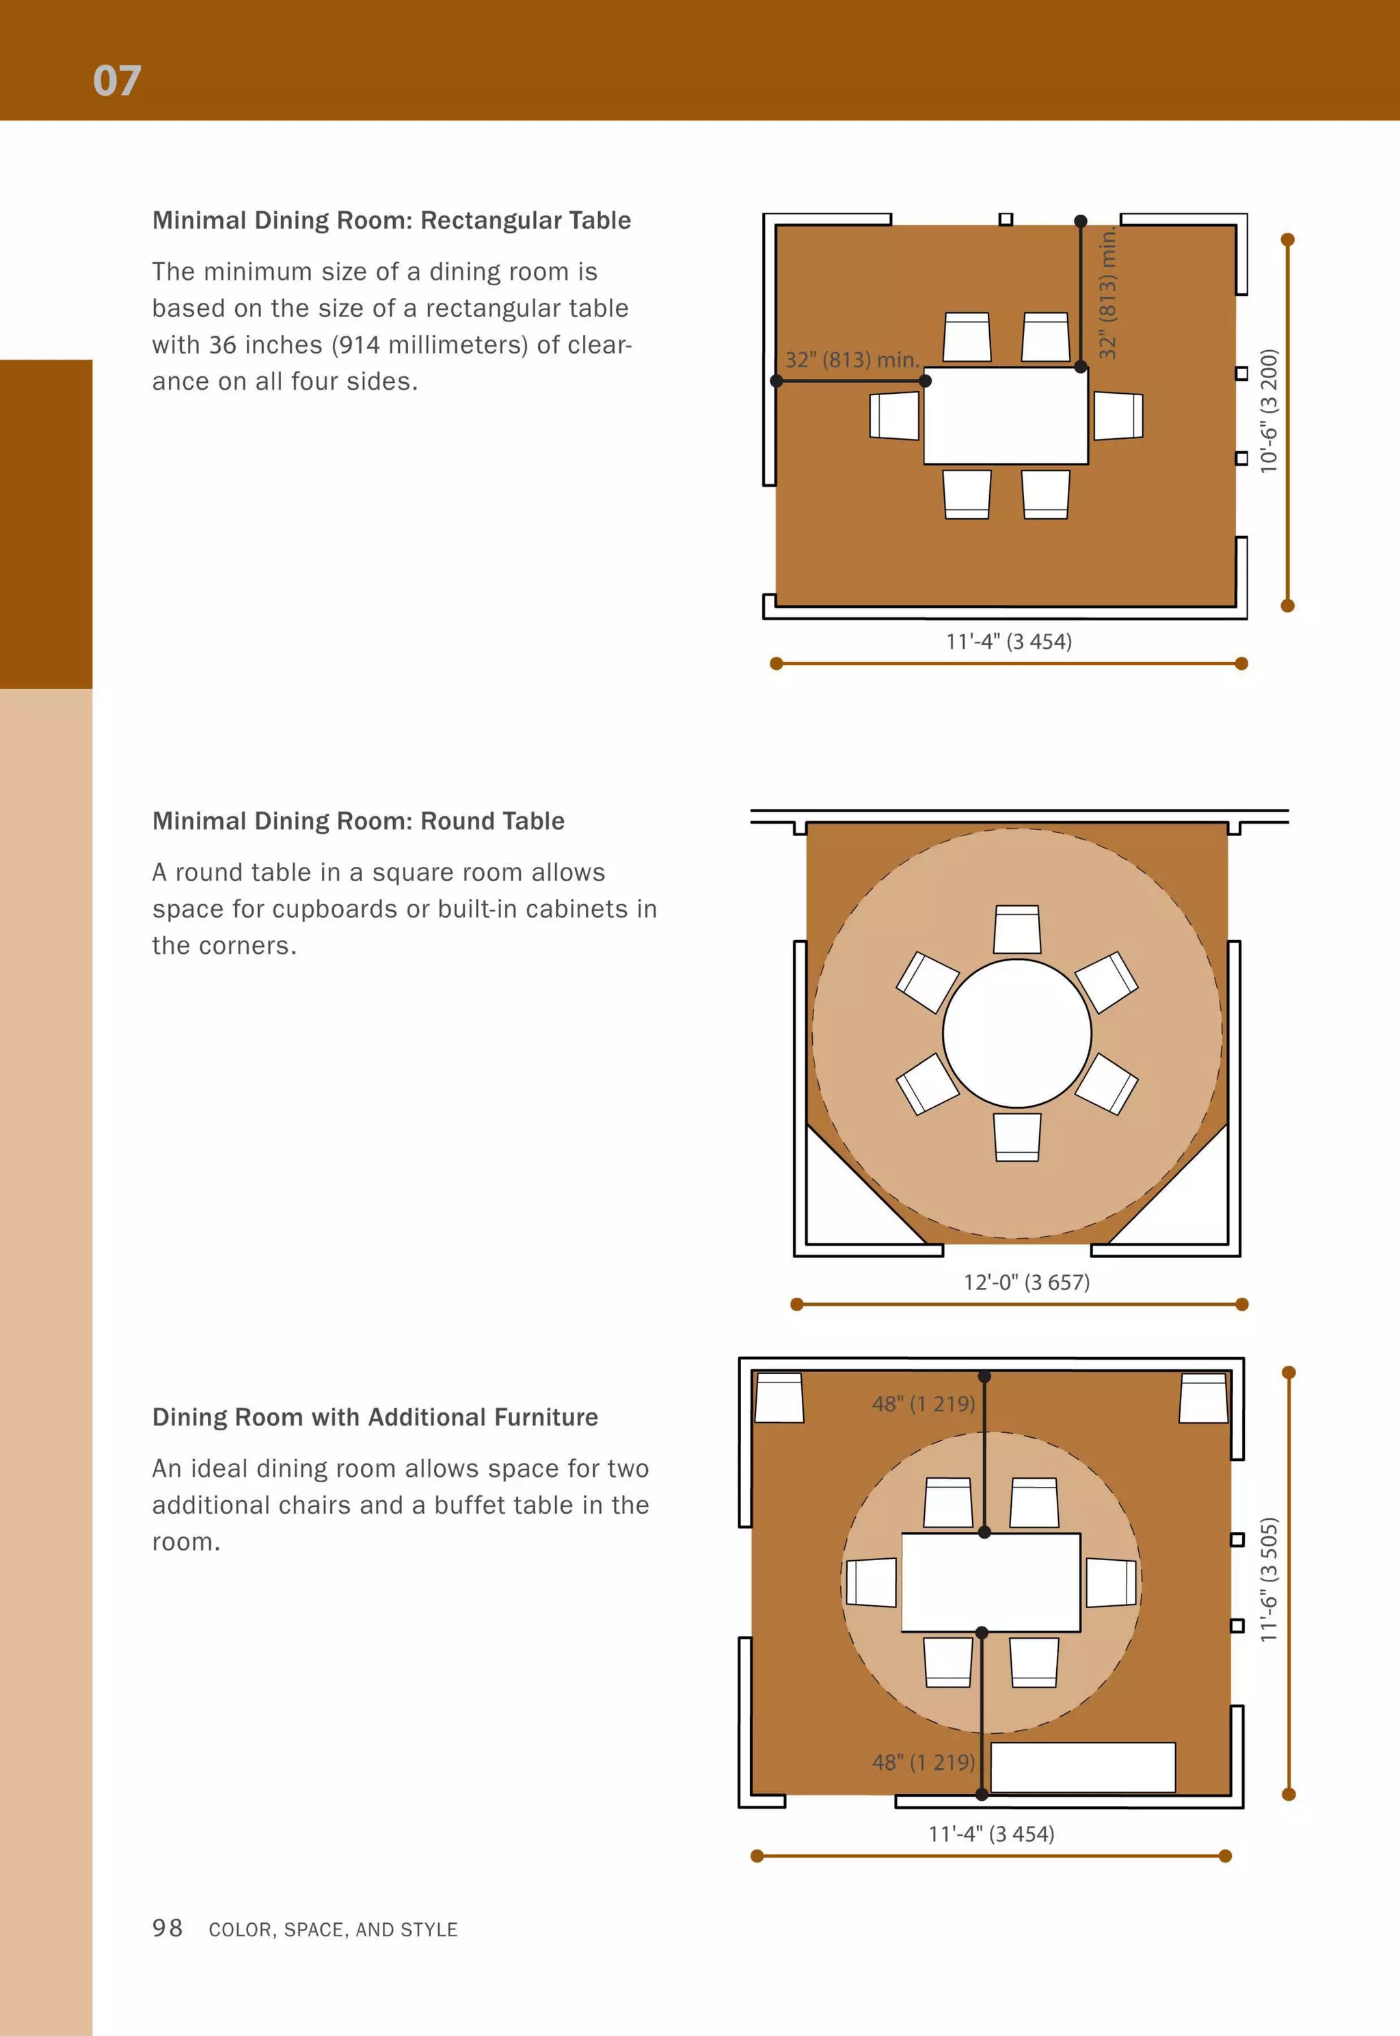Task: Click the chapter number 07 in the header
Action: [117, 81]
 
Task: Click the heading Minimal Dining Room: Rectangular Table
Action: [391, 220]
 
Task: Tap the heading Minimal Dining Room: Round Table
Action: [358, 821]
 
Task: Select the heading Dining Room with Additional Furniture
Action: [375, 1417]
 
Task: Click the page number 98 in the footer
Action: [167, 1928]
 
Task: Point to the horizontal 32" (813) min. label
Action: [851, 360]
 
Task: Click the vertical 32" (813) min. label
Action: [1108, 292]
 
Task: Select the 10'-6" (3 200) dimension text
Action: [1269, 412]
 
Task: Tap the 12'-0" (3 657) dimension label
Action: [1026, 1283]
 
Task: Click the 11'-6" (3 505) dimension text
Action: [1269, 1579]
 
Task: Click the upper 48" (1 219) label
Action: [923, 1404]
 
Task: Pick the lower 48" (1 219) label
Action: [923, 1763]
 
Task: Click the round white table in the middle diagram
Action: [1017, 1033]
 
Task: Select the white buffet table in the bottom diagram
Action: [1082, 1767]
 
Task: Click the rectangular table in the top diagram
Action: [1006, 416]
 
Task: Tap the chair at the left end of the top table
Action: [894, 416]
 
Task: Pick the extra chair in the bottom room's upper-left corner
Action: [779, 1397]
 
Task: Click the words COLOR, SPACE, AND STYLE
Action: [334, 1930]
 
